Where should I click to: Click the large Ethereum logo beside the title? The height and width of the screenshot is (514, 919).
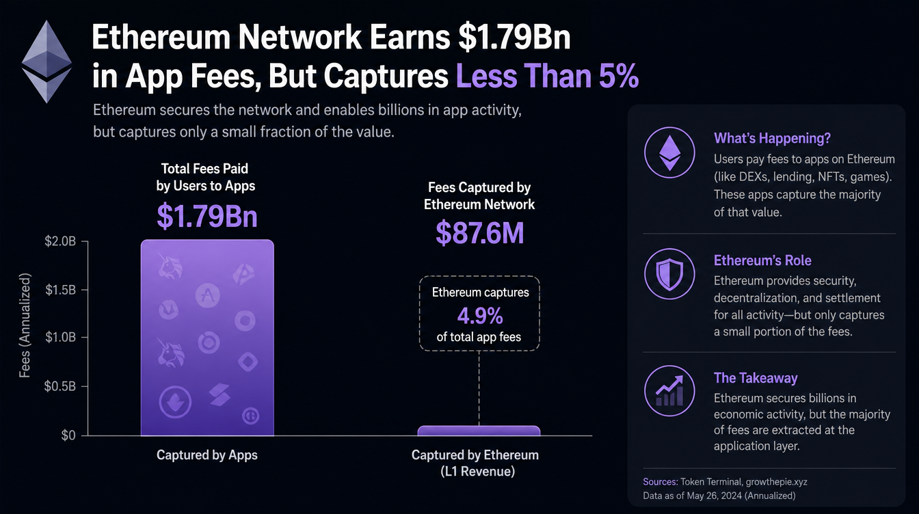point(46,62)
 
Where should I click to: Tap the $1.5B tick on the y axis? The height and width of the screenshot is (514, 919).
point(60,290)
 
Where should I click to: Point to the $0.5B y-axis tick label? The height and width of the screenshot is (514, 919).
point(60,386)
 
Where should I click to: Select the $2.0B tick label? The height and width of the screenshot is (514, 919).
point(60,241)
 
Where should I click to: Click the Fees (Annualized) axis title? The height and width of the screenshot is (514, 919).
point(25,325)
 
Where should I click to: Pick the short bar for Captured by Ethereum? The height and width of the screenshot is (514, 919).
point(479,431)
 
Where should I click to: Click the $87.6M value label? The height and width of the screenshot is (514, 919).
point(479,233)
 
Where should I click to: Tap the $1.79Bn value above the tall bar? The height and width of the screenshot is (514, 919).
point(207,216)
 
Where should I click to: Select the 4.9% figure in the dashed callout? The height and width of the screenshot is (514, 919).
point(480,316)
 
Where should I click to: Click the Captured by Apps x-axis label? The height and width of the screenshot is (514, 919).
point(207,455)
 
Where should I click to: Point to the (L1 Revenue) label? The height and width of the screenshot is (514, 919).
point(477,472)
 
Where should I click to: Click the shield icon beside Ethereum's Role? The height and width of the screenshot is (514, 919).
point(669,273)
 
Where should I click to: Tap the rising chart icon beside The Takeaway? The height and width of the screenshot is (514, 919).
point(669,391)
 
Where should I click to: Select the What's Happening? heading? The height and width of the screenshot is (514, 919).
point(772,138)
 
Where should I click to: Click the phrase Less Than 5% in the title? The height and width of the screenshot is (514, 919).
point(547,76)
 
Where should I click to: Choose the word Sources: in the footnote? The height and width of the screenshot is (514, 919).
point(660,482)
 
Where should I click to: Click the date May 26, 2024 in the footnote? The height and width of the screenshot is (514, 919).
point(715,496)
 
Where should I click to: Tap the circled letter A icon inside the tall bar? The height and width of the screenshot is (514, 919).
point(208,295)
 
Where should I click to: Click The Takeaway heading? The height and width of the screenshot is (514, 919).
point(756,378)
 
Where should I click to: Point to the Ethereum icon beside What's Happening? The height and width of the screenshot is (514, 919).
point(669,152)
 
